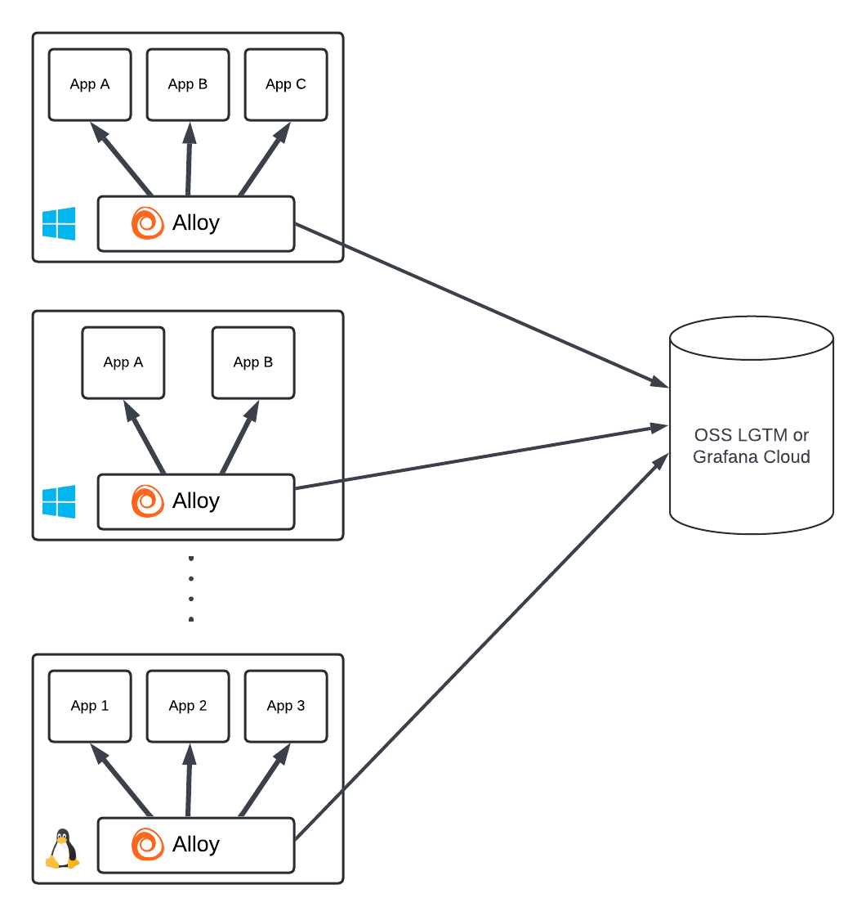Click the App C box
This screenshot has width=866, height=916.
(286, 84)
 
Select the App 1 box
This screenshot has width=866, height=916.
(90, 706)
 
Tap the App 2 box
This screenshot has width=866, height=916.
(188, 706)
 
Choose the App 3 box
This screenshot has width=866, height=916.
(286, 706)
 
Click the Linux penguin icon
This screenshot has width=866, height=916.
(61, 849)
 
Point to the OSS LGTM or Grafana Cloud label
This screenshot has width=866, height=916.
(751, 446)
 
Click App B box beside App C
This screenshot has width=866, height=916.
(188, 84)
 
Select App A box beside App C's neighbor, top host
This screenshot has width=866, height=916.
(90, 84)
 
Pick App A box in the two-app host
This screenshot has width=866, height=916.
(123, 362)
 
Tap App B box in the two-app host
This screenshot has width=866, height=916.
(253, 362)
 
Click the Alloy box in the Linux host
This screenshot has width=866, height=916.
(196, 845)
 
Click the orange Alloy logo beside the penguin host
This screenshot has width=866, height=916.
(148, 845)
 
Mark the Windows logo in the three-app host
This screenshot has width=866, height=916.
(59, 223)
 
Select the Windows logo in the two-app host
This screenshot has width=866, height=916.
(59, 501)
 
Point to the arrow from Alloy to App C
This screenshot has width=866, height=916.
(265, 159)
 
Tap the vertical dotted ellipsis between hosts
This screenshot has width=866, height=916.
(191, 589)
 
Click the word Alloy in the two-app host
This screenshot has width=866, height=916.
(196, 501)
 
